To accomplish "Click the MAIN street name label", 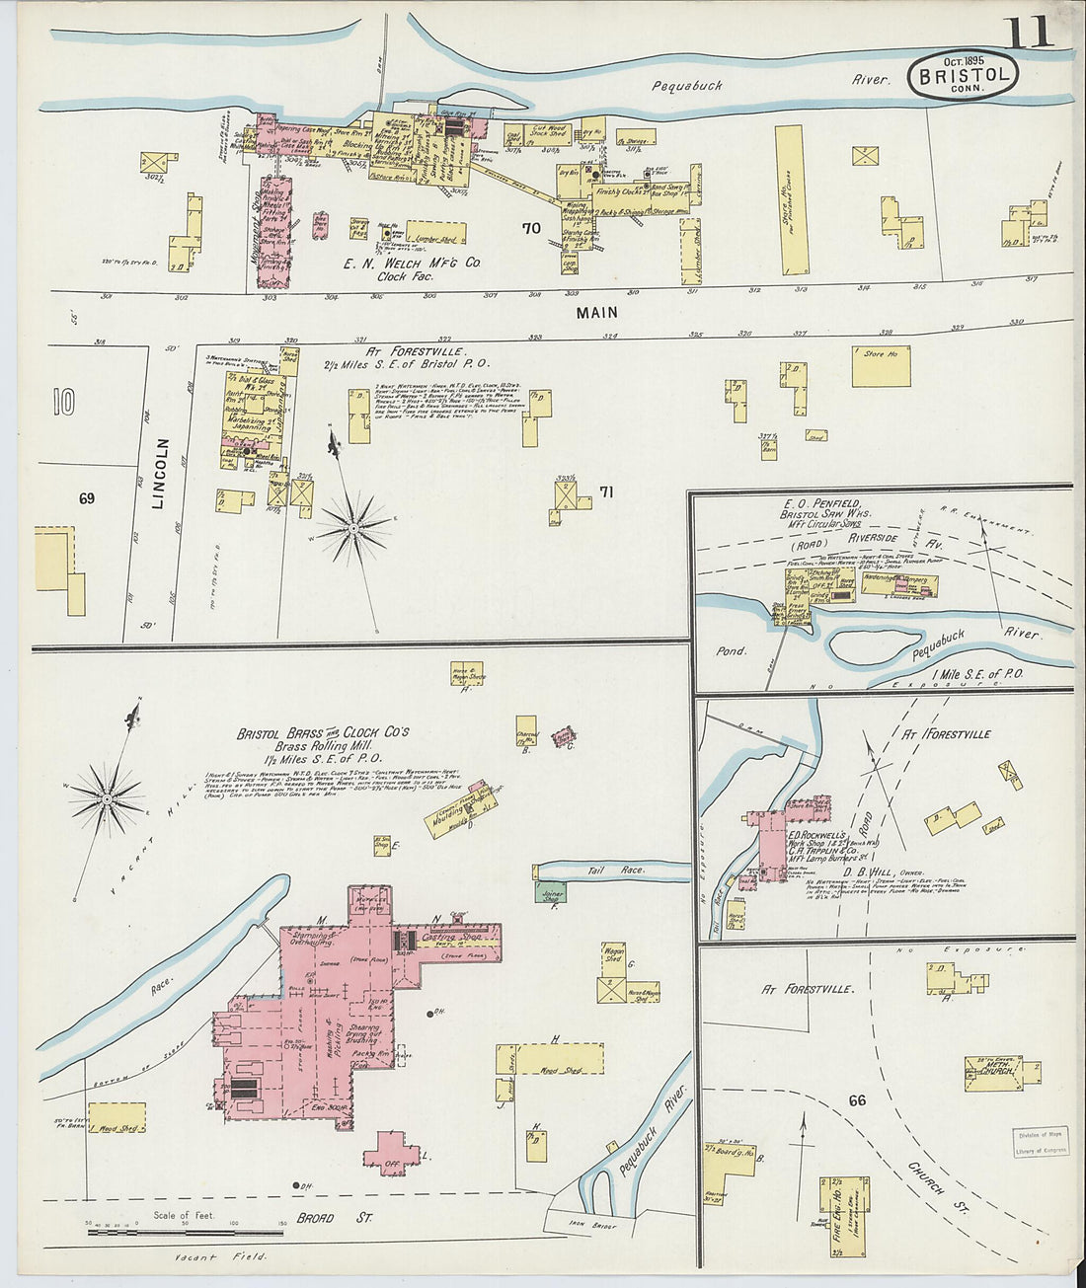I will pyautogui.click(x=597, y=312).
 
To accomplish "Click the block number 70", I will pyautogui.click(x=531, y=228).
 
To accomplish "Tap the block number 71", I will pyautogui.click(x=606, y=492).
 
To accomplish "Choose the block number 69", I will pyautogui.click(x=87, y=498).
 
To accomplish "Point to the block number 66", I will pyautogui.click(x=856, y=1100).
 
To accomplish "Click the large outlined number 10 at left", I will pyautogui.click(x=64, y=402).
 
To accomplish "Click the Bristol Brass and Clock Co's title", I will pyautogui.click(x=323, y=733).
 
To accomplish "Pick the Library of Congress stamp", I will pyautogui.click(x=1039, y=1143).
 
